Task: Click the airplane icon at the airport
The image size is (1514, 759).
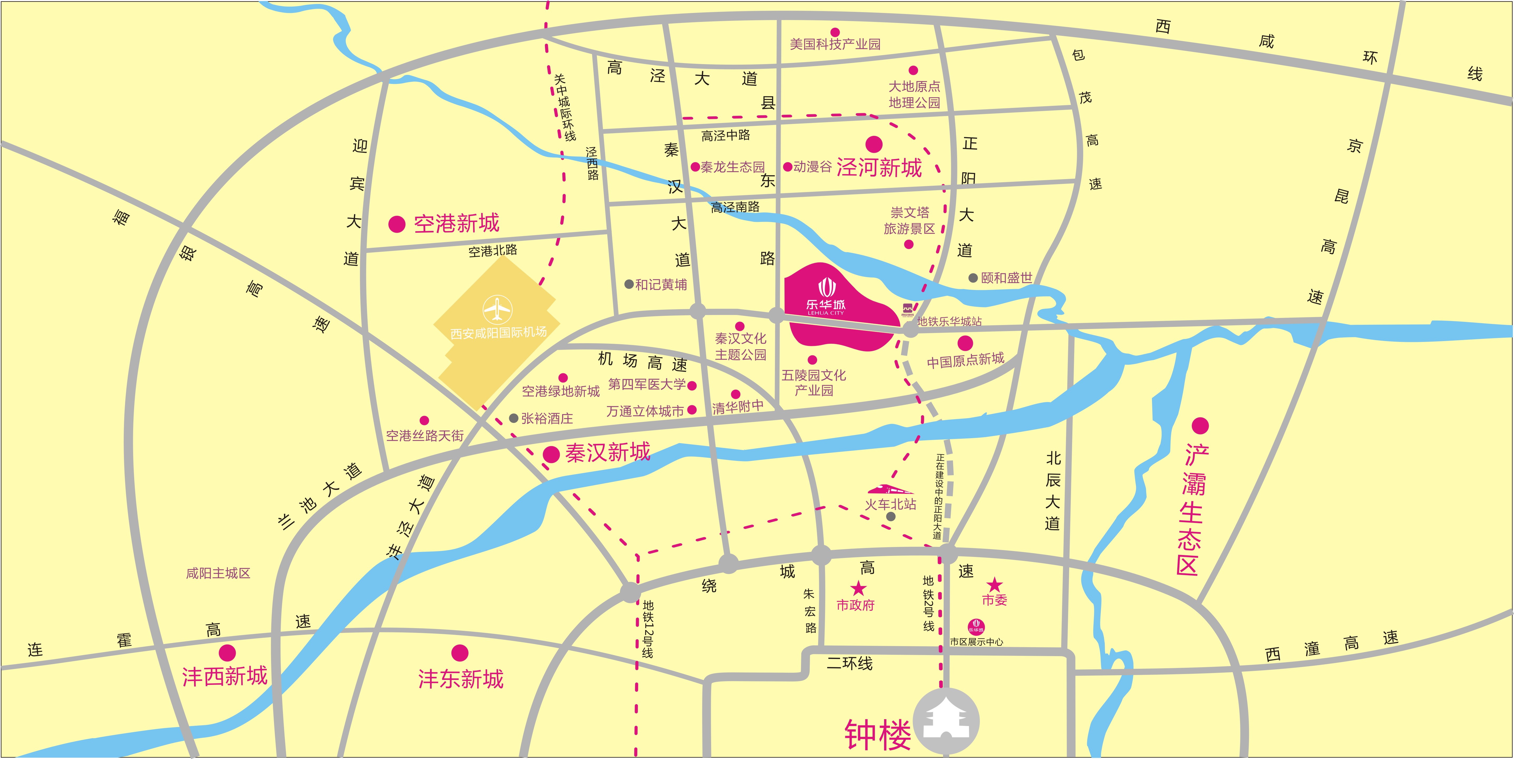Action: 497,309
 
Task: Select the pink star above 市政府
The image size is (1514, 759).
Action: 858,587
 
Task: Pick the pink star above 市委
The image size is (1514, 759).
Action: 994,584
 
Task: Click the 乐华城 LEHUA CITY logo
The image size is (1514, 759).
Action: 826,297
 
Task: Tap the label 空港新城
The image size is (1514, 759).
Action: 456,223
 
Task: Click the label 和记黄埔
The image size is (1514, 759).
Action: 660,285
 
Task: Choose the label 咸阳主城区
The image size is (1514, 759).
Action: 218,573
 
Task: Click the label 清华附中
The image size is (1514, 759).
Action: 737,406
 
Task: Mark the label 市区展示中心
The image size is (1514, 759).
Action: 976,642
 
